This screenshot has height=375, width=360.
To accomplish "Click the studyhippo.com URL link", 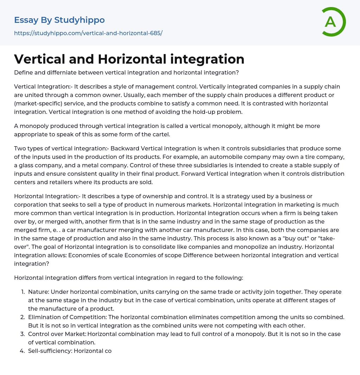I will [x=88, y=33].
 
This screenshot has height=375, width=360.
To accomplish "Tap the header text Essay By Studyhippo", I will [x=59, y=20].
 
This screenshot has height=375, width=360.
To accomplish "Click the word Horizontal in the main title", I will [x=132, y=59].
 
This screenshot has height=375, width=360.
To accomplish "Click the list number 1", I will [x=22, y=292].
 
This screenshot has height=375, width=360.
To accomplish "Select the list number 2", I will [x=22, y=317].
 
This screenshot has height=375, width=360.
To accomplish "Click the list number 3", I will [x=22, y=334].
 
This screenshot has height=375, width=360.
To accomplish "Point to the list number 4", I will [x=22, y=351].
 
